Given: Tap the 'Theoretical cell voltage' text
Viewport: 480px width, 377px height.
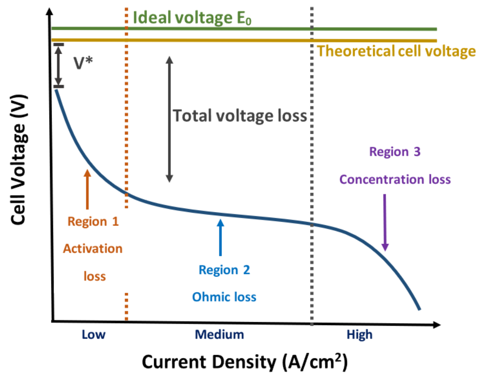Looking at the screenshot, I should tap(396, 51).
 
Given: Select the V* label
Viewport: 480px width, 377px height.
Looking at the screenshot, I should tap(83, 63).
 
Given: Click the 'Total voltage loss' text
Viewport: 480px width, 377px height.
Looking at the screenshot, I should tap(240, 116).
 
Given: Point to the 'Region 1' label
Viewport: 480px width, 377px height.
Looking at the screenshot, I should tap(93, 221).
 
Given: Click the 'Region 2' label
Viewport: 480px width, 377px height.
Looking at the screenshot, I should tap(224, 270).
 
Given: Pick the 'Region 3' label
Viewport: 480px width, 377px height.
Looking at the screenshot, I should tap(395, 152).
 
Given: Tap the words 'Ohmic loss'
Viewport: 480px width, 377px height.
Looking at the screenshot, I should tap(224, 297).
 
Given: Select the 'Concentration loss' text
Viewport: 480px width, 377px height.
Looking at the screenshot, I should tap(395, 179).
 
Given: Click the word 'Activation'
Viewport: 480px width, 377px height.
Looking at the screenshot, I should tap(93, 249).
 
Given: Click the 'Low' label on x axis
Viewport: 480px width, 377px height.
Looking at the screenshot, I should tap(93, 335).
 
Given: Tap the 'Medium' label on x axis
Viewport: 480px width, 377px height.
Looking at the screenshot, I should tap(219, 335).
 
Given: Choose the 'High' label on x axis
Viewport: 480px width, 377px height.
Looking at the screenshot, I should tap(359, 335).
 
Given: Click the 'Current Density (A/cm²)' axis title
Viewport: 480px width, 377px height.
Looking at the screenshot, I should tap(245, 362).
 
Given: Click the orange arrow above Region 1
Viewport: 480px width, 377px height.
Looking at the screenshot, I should tap(87, 189).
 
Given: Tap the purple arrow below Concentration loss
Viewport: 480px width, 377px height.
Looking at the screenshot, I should tap(385, 222).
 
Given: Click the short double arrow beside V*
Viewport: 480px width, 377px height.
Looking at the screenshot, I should tap(59, 65).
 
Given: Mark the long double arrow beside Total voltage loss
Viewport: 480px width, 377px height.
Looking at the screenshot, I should tap(169, 119).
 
